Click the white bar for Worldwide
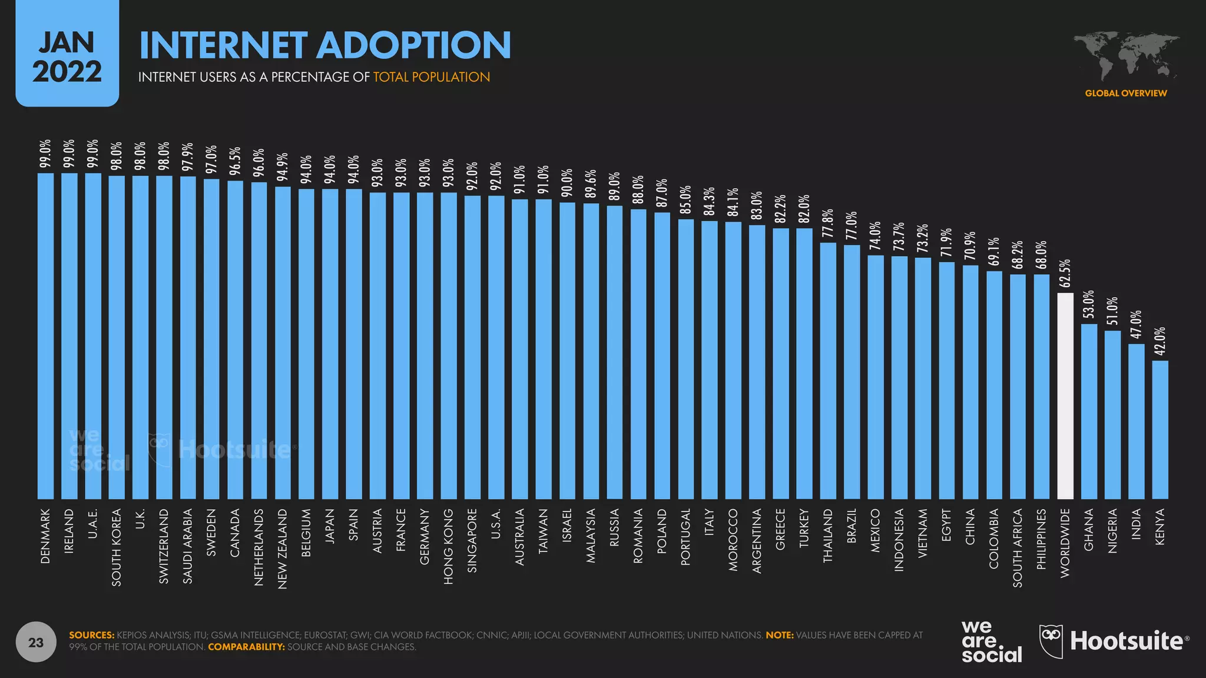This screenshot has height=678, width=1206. pos(1065,395)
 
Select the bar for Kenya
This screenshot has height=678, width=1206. pos(1160,430)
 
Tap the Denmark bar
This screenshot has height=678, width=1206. pos(45,335)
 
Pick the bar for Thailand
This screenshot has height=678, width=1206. pos(828,371)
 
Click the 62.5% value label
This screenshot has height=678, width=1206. pos(1065,274)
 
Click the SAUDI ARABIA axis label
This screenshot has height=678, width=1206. pos(188,546)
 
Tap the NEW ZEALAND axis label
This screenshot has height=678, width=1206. pos(283,549)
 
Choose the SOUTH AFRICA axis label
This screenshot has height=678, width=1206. pos(1018,548)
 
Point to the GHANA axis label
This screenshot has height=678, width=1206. pos(1089,530)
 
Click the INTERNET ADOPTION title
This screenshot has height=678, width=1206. pos(325,45)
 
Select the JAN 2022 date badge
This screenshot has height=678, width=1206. pos(67,56)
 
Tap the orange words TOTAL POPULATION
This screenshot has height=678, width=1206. pos(432,77)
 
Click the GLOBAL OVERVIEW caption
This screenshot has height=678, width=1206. pos(1126,93)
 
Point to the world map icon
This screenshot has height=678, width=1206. pos(1125,56)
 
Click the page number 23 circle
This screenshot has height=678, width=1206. pos(36,642)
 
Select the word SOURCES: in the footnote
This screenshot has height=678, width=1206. pos(92,635)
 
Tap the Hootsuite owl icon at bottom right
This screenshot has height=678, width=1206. pos(1051,640)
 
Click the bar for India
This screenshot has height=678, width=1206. pos(1137,421)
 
